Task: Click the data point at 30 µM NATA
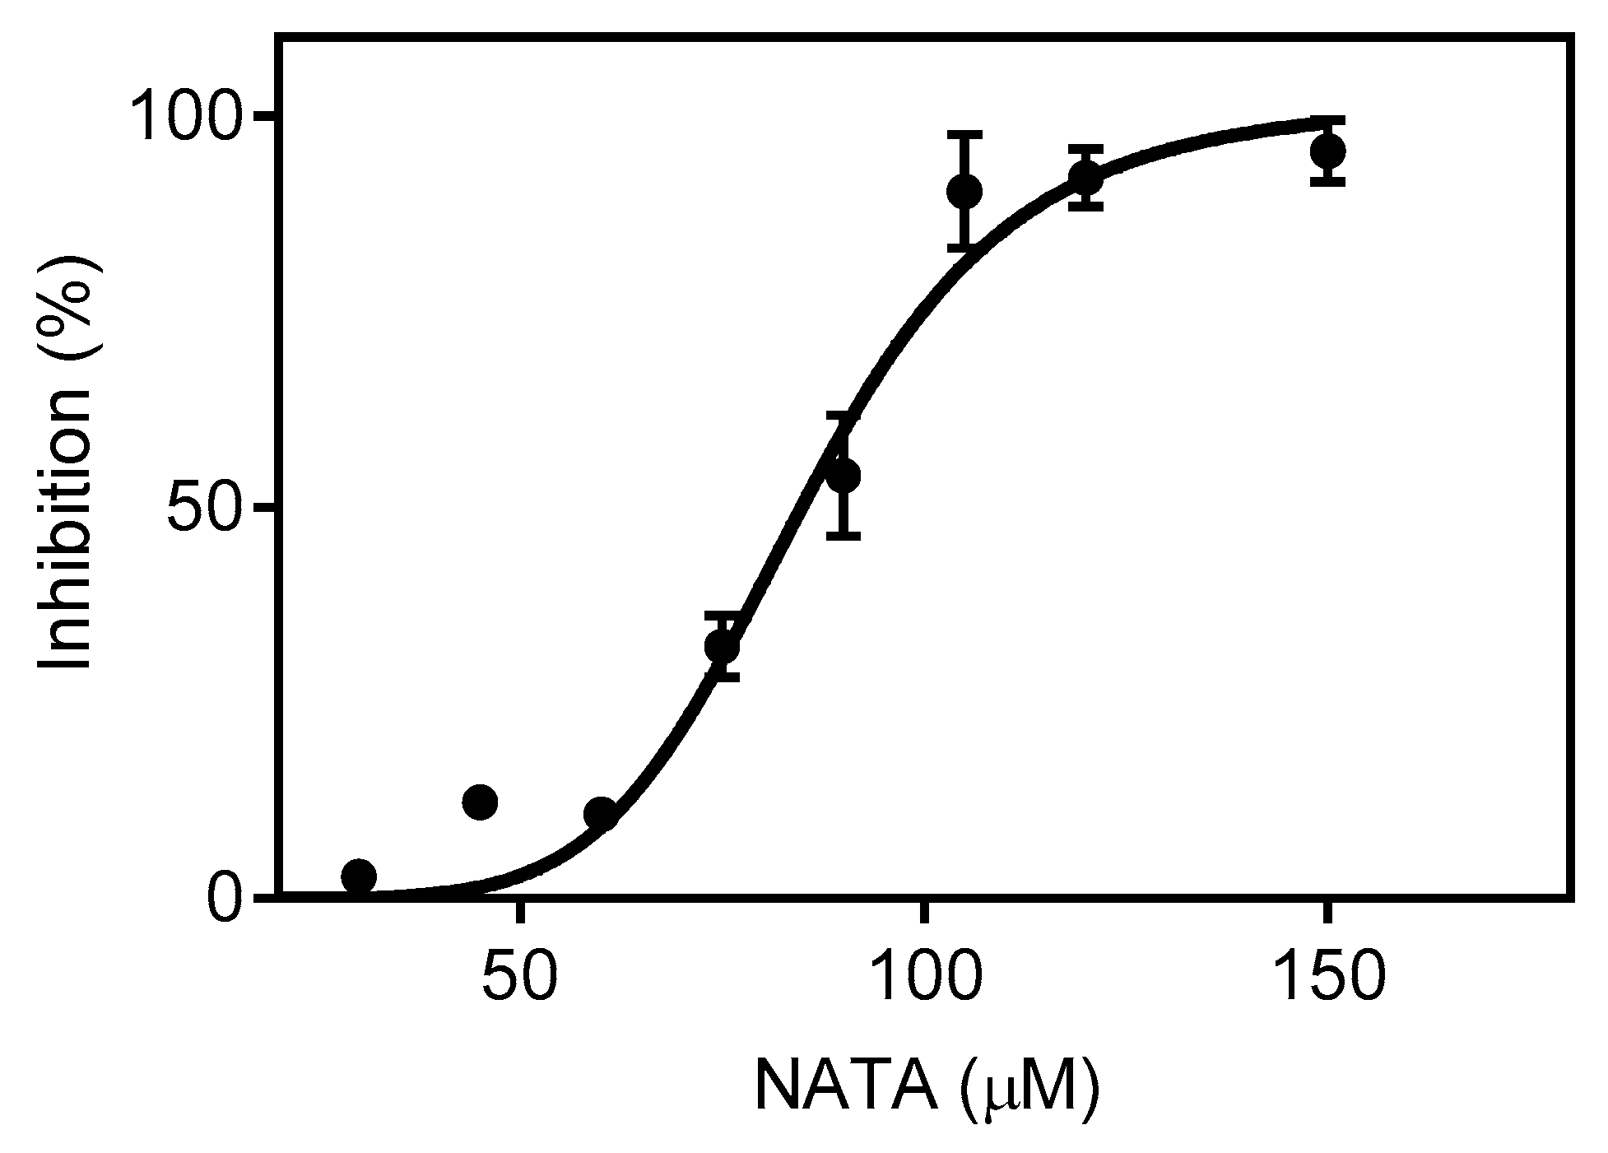[359, 876]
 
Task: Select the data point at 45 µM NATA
[480, 802]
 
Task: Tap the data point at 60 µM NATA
[601, 814]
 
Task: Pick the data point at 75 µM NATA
[722, 647]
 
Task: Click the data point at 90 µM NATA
[843, 476]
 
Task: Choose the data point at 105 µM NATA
[964, 192]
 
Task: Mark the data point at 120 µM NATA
[1085, 178]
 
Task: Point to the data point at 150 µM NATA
[1327, 151]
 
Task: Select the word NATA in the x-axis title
[848, 1087]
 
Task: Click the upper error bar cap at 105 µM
[964, 133]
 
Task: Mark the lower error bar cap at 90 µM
[843, 536]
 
